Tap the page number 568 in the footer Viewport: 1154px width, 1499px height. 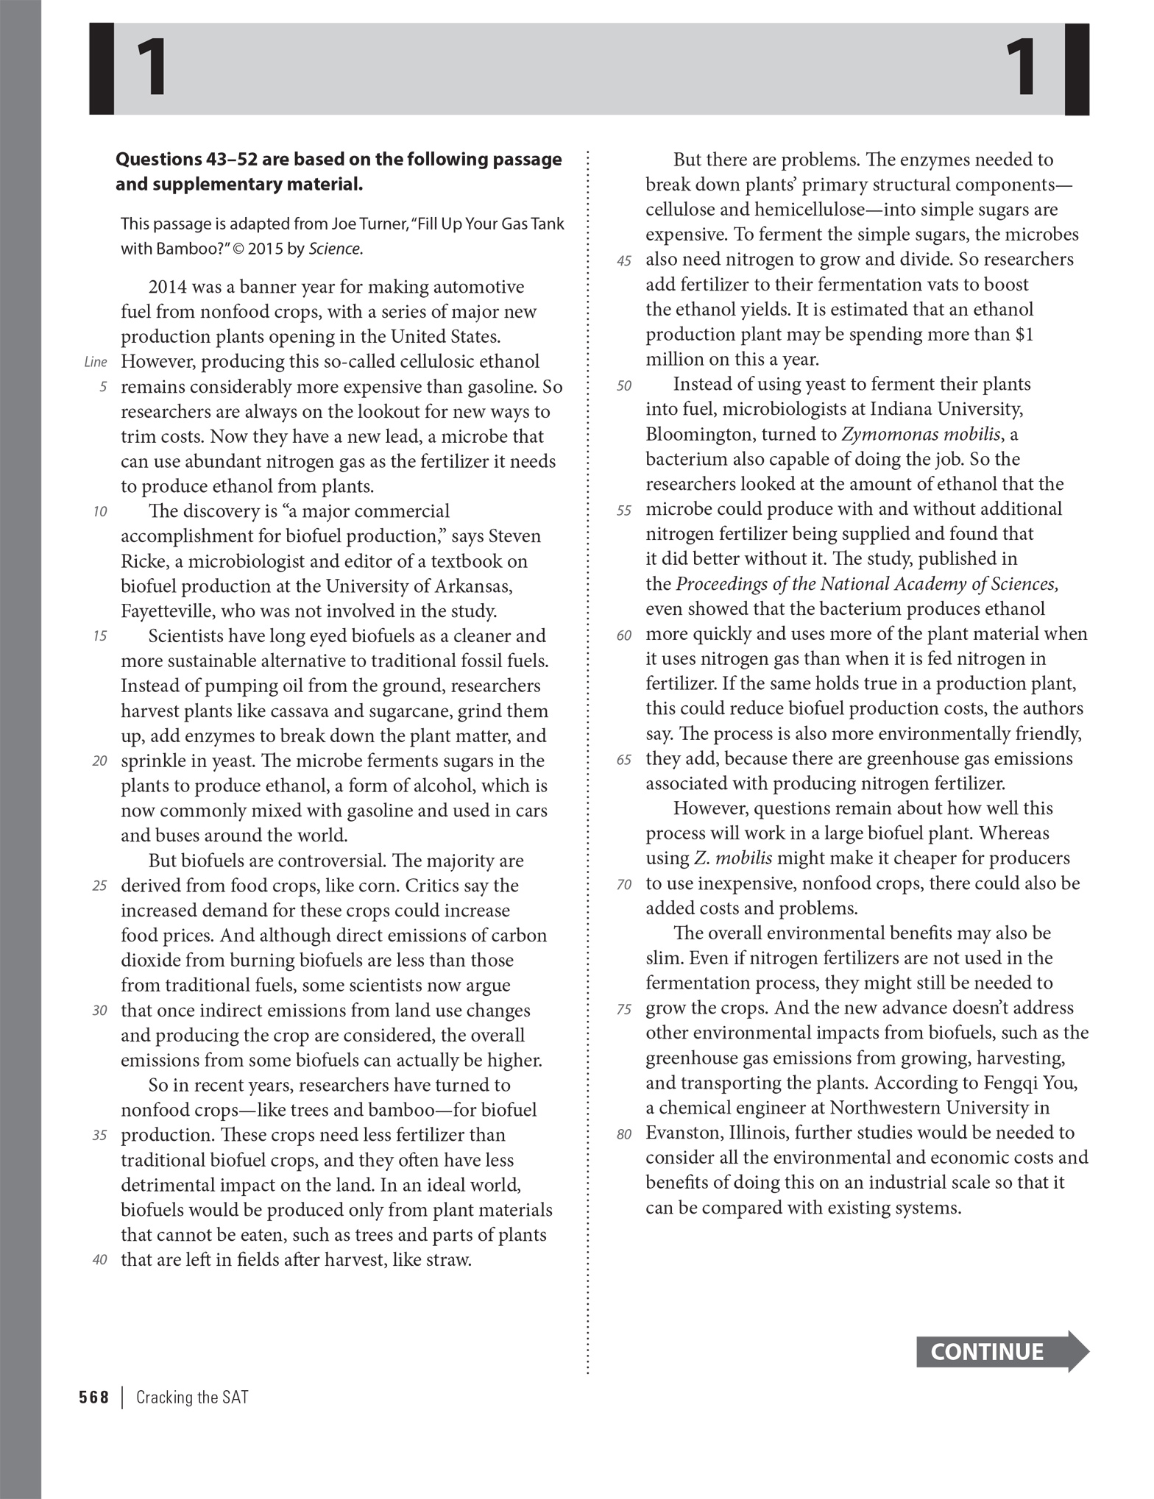(x=93, y=1397)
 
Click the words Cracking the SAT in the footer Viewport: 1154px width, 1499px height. (x=192, y=1397)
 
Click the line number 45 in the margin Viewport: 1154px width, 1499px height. (x=624, y=261)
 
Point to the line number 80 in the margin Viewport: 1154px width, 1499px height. (x=624, y=1134)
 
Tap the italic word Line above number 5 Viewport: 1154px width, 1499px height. (x=96, y=362)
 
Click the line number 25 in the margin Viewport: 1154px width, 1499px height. (x=100, y=886)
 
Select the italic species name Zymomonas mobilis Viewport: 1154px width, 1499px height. (x=921, y=434)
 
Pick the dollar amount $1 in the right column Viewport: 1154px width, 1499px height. (x=1024, y=334)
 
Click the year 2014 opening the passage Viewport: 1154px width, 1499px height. (x=169, y=287)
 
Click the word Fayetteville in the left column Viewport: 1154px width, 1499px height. (x=167, y=611)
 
